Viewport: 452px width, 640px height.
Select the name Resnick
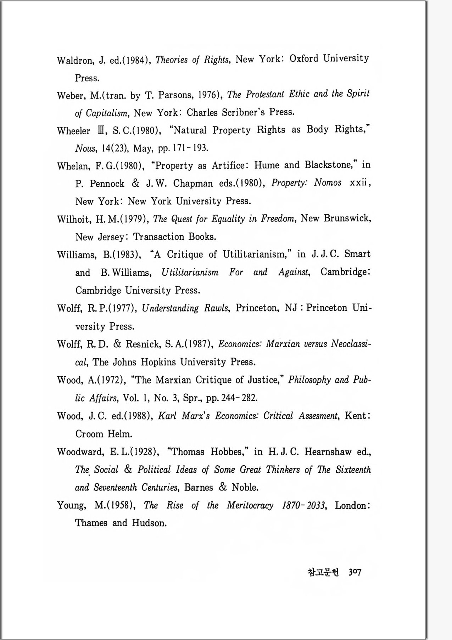143,344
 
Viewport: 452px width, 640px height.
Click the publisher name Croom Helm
104,434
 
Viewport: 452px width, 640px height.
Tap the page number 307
355,572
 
